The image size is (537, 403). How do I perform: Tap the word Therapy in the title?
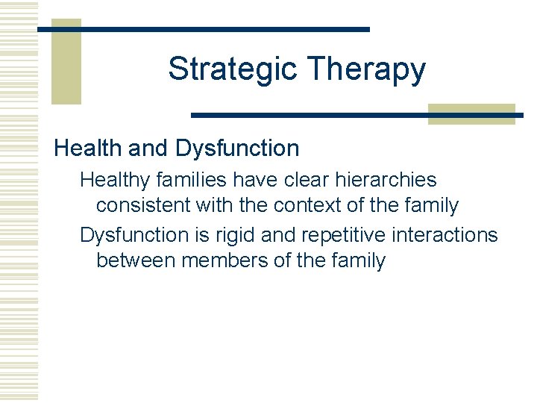coord(365,69)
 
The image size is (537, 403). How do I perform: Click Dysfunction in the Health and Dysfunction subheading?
coord(237,148)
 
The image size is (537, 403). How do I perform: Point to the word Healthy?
coord(116,180)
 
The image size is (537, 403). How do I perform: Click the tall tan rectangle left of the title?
coord(66,61)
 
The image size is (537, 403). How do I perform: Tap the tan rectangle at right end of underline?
coord(471,113)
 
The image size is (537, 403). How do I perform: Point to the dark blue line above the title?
coord(204,29)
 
